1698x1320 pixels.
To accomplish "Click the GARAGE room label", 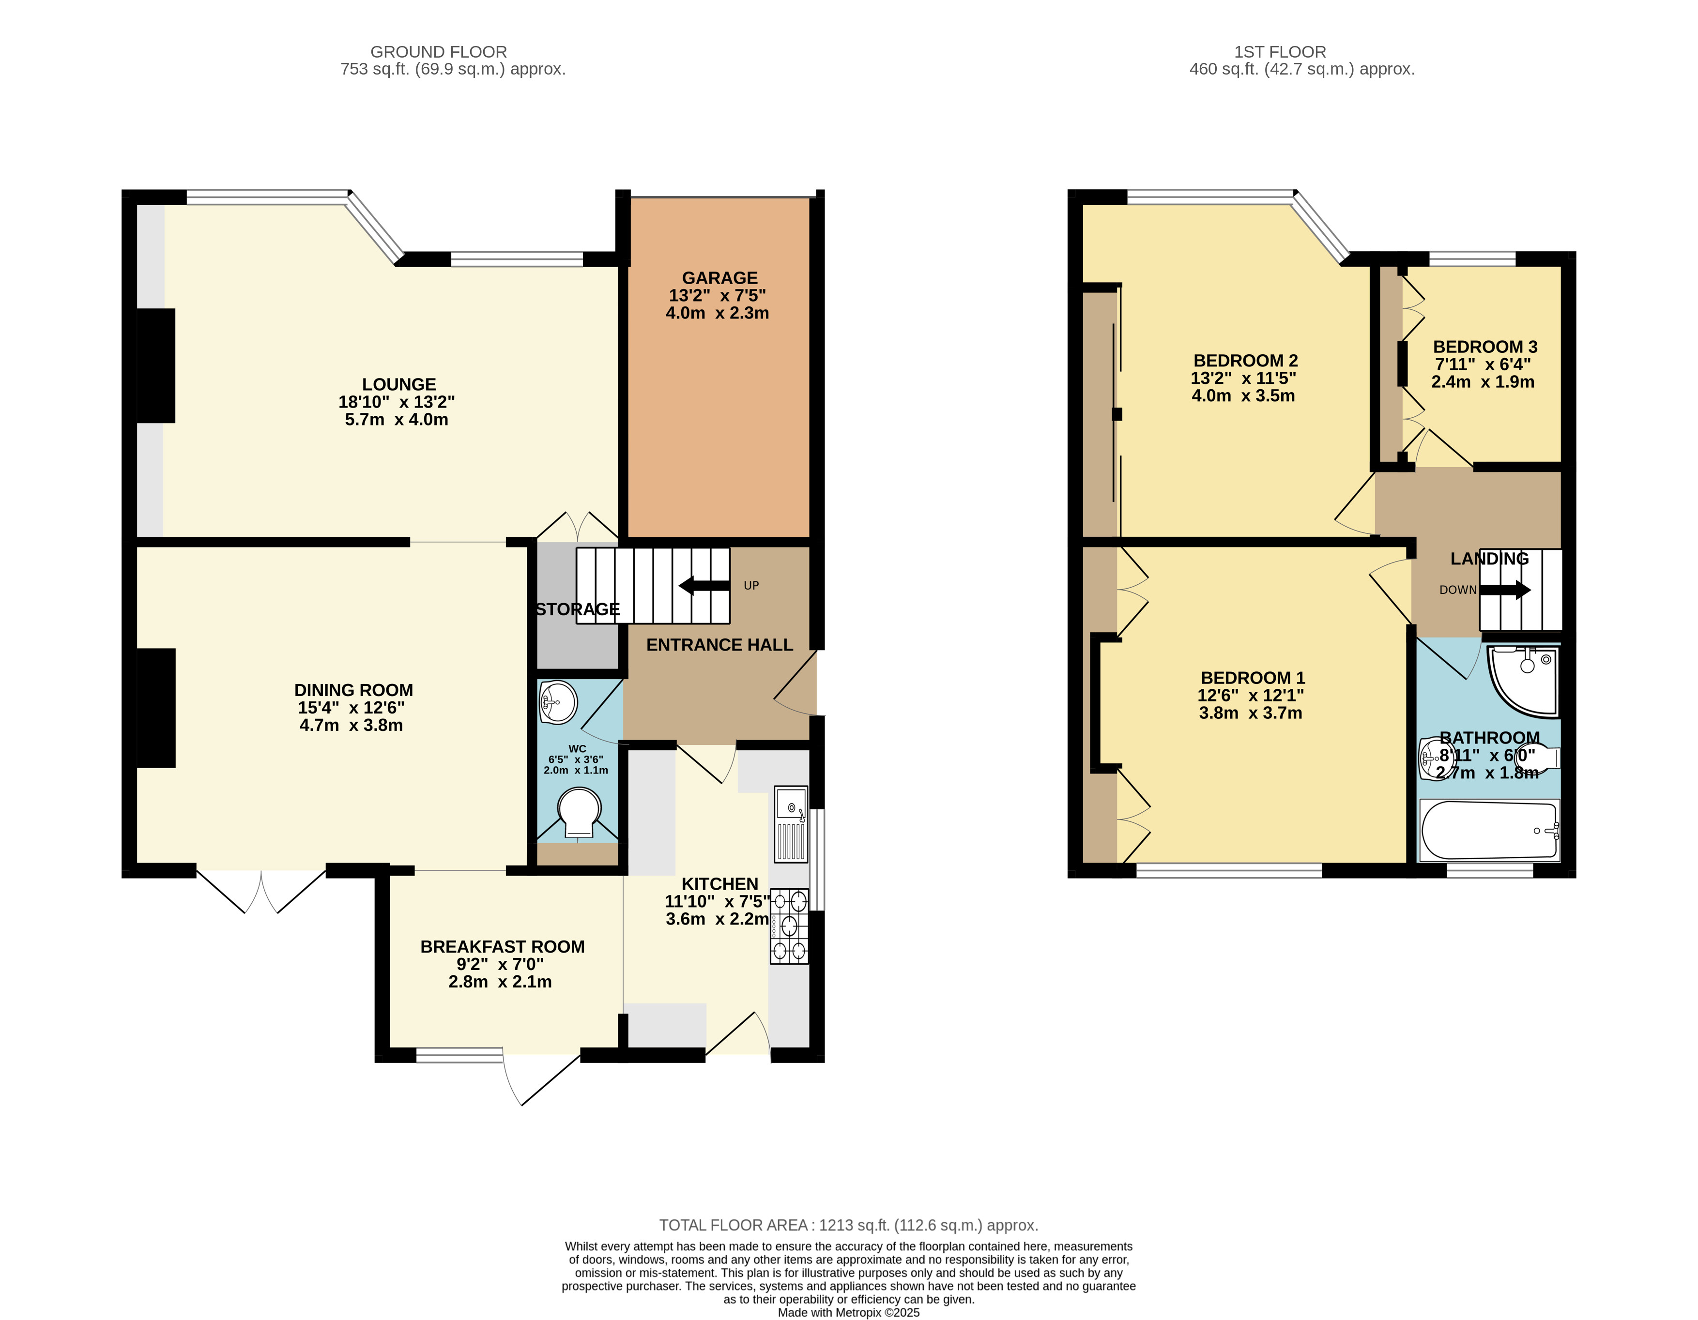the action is click(719, 277).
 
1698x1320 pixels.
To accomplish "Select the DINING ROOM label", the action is click(354, 690).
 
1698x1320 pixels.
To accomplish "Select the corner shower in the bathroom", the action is click(1524, 680).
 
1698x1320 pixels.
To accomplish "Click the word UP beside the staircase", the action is click(751, 585).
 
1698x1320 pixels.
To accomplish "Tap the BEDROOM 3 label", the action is click(1485, 347).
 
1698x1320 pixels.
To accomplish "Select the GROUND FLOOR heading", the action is click(439, 51).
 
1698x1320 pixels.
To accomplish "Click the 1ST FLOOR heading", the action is click(1280, 51).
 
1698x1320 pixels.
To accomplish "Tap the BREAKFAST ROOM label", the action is click(502, 947).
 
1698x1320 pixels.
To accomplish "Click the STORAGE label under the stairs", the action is click(578, 609).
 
